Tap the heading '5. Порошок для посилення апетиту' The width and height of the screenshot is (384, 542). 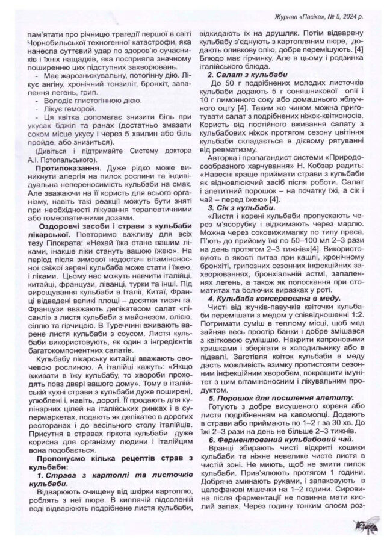(271, 399)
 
